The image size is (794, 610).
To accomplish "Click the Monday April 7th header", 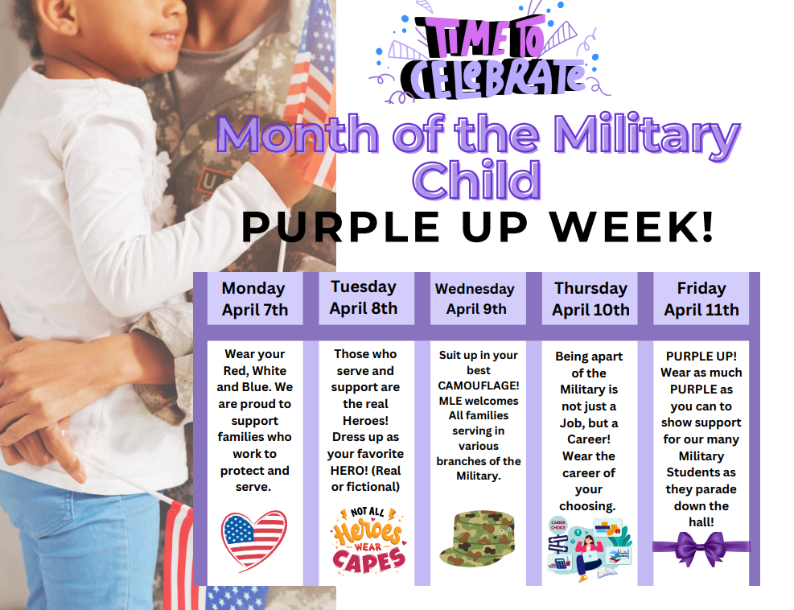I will click(x=254, y=299).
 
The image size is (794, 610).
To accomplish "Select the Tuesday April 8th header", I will click(x=364, y=297).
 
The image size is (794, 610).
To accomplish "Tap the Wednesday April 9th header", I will click(x=475, y=299).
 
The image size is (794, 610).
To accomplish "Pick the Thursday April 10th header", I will click(x=590, y=299).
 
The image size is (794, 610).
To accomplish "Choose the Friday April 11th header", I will click(x=701, y=299).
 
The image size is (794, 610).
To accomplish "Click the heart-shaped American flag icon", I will click(x=253, y=540).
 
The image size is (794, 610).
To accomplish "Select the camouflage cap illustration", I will click(x=477, y=537).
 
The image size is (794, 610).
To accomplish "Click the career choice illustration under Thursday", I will click(x=589, y=547).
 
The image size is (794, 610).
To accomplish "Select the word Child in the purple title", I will click(x=477, y=180).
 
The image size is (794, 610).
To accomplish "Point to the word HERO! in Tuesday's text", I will click(x=348, y=470).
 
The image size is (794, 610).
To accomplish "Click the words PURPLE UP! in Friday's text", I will click(x=701, y=356).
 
